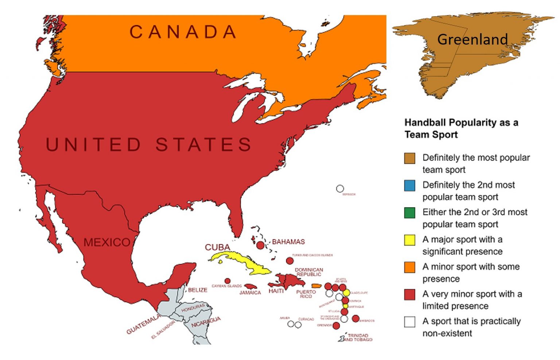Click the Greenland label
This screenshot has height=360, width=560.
point(472,39)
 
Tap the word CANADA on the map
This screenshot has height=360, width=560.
point(183,32)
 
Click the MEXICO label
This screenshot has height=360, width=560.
point(106,242)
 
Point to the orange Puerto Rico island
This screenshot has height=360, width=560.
point(316,286)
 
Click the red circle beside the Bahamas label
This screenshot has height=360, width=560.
point(260,245)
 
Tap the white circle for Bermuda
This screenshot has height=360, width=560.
point(340,189)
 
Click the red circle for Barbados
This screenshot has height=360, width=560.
point(355,318)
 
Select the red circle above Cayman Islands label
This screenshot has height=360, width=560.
point(227,281)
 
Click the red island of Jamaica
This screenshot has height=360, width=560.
point(251,286)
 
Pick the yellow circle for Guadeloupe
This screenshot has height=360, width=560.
point(346,293)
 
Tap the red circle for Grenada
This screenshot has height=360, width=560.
point(336,325)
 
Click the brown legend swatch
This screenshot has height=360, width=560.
point(409,158)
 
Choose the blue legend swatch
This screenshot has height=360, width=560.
point(409,186)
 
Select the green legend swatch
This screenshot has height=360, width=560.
point(409,213)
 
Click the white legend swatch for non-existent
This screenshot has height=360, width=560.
point(409,322)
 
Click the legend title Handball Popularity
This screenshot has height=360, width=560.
point(461,128)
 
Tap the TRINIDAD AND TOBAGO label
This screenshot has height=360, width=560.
point(358,337)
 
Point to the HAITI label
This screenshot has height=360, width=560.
point(276,291)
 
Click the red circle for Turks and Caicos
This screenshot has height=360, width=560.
point(289,261)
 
